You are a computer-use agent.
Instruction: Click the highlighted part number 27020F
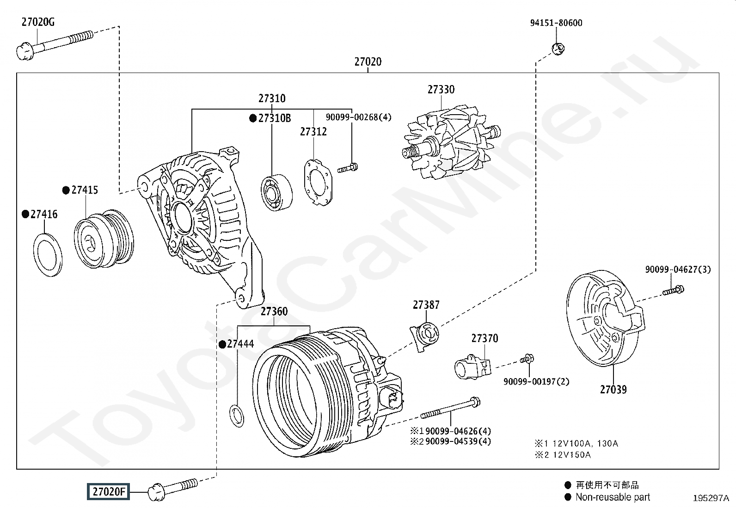point(109,491)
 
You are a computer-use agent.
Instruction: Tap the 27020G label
point(38,22)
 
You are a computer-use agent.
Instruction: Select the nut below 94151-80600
point(558,49)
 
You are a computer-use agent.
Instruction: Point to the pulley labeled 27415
point(104,239)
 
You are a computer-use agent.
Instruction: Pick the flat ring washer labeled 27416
point(48,255)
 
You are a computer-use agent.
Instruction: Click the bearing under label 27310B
point(276,193)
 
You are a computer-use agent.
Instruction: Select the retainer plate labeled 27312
point(318,183)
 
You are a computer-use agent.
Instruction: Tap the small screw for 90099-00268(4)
point(348,168)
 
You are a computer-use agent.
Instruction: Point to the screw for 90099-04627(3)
point(673,290)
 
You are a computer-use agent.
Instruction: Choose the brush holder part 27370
point(473,367)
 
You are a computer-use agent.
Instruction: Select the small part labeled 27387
point(424,337)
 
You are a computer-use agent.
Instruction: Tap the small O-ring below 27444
point(237,416)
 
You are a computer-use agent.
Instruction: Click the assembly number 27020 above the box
point(368,62)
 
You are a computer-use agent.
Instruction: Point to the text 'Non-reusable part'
point(613,497)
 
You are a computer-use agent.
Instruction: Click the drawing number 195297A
point(711,498)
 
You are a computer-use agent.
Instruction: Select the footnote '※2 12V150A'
point(563,455)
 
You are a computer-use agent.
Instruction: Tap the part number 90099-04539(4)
point(458,441)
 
